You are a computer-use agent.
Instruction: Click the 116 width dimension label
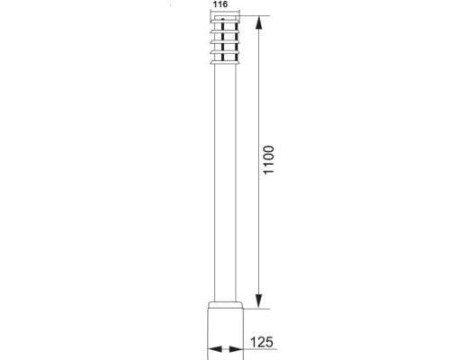(220, 5)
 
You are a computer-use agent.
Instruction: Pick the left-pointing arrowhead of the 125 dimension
(212, 349)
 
